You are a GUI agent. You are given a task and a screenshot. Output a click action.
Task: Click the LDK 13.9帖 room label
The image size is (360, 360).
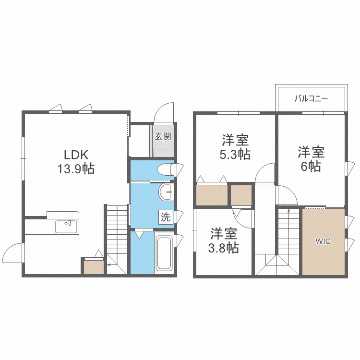pos(76,162)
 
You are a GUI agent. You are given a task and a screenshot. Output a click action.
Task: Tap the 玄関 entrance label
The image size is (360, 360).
pos(163,137)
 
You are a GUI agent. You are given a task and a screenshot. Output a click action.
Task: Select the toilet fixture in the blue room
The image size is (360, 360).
pos(166,170)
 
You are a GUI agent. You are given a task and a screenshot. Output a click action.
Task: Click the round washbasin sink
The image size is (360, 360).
pos(165,192)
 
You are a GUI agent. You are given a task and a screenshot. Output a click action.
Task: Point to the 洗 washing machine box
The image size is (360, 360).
pos(166,217)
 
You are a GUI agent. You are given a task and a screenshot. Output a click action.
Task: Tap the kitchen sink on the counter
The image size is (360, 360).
pos(66,227)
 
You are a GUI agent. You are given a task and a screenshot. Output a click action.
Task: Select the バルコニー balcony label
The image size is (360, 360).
pos(312,99)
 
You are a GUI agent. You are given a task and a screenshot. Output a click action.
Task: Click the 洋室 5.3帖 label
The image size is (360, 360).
pos(235,147)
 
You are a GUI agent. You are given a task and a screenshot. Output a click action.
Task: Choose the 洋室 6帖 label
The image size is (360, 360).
pos(311,159)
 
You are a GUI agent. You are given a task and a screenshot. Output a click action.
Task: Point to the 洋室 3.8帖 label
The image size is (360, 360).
pos(224,240)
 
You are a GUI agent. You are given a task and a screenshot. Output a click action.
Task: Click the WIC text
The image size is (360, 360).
pos(323,241)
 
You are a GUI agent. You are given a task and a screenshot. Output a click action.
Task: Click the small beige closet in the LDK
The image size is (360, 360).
pos(94,267)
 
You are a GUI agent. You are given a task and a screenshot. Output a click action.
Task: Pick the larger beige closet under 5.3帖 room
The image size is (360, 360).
pos(212,195)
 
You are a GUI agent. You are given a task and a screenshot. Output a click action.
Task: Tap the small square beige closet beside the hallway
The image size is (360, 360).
pos(241,195)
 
